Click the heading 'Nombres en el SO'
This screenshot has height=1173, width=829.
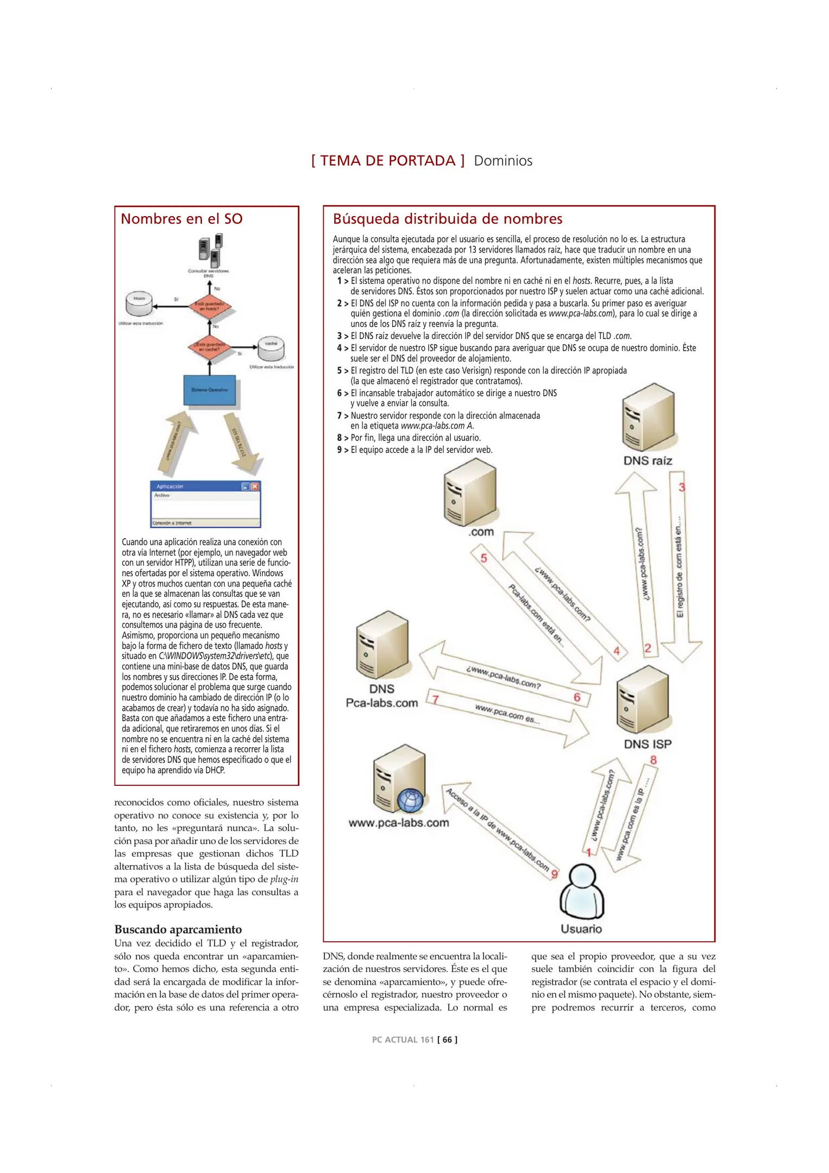tap(181, 219)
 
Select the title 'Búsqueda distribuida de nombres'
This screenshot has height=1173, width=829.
tap(447, 219)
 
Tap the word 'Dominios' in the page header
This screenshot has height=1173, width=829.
tap(503, 161)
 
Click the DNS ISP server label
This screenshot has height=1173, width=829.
tap(648, 743)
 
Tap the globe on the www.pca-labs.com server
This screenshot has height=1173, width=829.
tap(411, 800)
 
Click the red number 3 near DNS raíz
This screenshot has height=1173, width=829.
tap(682, 487)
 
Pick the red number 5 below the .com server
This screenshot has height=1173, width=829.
tap(483, 558)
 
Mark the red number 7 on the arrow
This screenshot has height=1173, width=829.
tap(435, 699)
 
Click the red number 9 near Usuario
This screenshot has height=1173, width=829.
tap(555, 874)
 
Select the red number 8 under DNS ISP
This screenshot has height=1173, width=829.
tap(654, 760)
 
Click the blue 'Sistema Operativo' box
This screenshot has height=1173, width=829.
tap(210, 390)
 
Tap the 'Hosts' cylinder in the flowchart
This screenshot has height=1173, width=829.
tap(139, 304)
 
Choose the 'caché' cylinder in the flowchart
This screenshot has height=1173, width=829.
tap(271, 349)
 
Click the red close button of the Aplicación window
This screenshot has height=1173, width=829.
tap(255, 486)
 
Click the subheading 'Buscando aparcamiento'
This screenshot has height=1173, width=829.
tap(178, 929)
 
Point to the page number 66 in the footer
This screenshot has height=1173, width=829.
tap(447, 1039)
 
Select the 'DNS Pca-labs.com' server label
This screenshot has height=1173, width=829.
tap(381, 696)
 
